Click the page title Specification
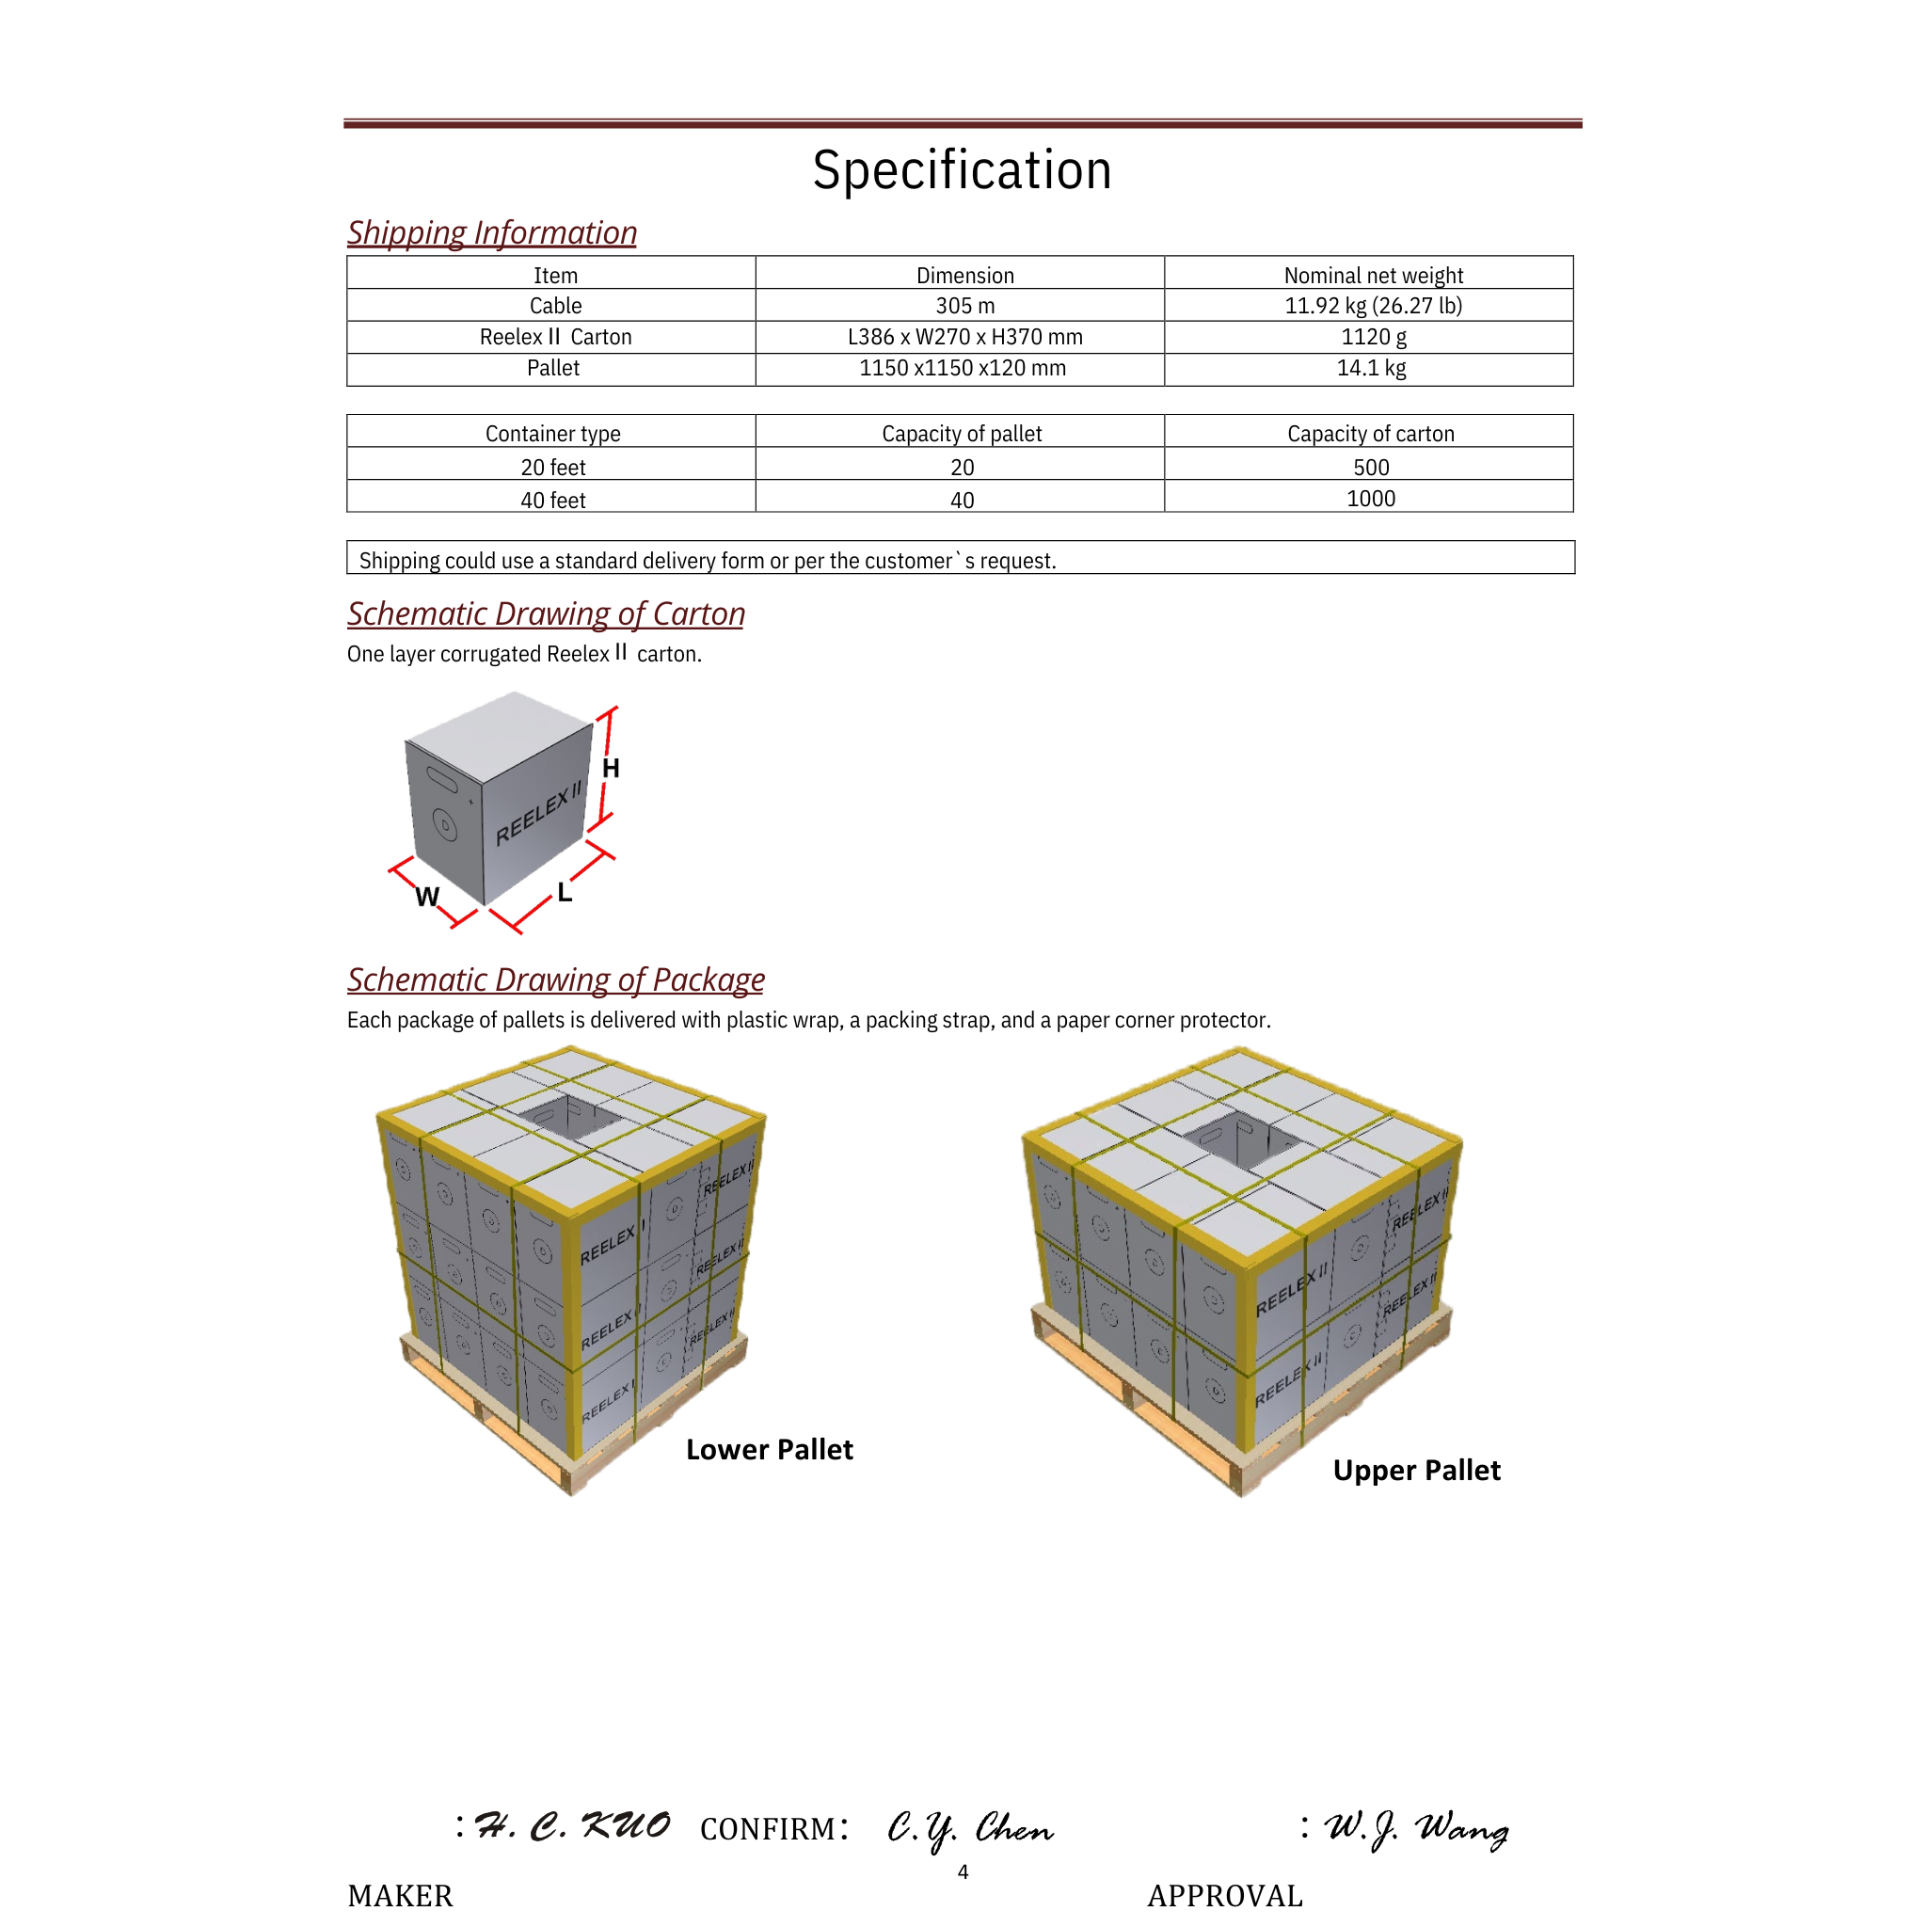[962, 169]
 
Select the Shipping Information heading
[492, 232]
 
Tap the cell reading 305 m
[964, 305]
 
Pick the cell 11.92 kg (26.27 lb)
[1373, 305]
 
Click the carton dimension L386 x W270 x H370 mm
[964, 337]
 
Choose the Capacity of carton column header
[1370, 433]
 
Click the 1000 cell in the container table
[1370, 499]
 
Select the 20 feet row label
[552, 467]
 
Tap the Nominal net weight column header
[1373, 276]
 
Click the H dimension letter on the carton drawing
[611, 768]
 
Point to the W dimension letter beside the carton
[427, 897]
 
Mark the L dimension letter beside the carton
[565, 893]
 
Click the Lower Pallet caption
[769, 1449]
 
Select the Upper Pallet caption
[1415, 1471]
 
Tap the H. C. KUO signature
[571, 1826]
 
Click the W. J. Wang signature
[1415, 1828]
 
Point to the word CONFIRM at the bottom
[768, 1828]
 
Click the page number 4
[963, 1872]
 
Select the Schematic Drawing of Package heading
[555, 979]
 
